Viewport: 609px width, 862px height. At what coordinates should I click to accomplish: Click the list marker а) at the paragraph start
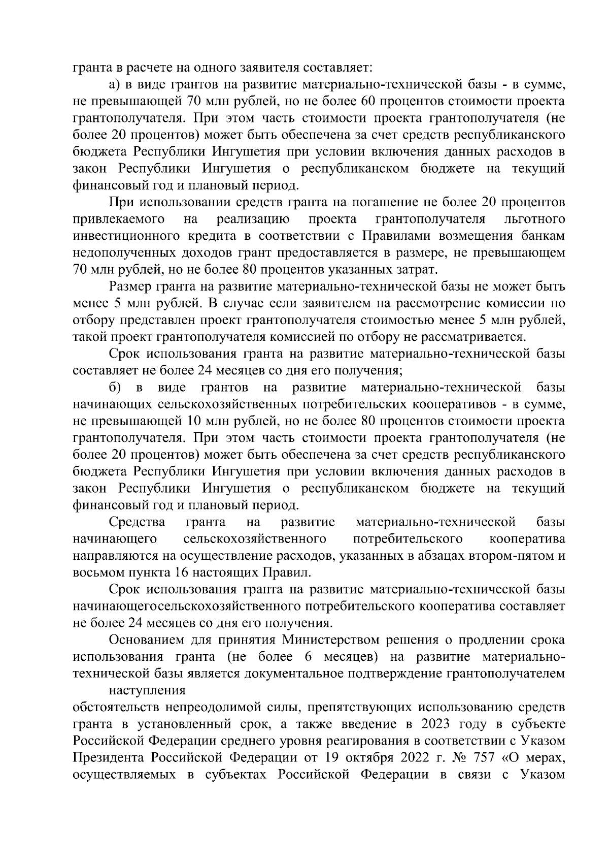pyautogui.click(x=114, y=84)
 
